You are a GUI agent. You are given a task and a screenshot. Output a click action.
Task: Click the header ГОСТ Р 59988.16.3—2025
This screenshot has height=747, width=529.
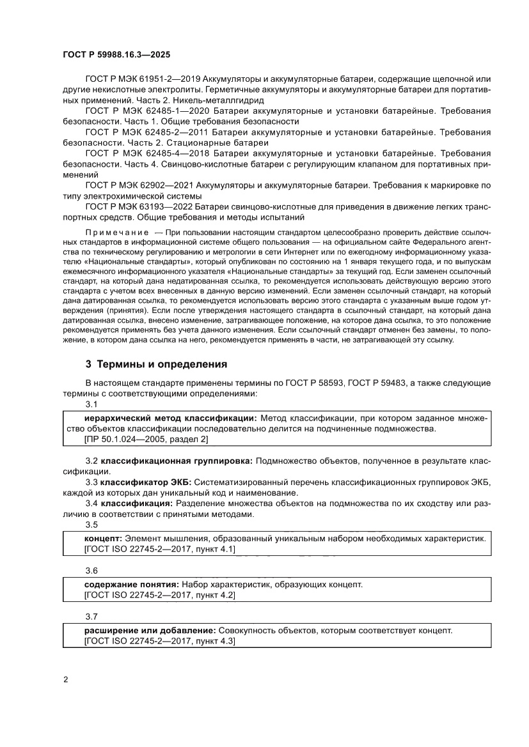point(116,56)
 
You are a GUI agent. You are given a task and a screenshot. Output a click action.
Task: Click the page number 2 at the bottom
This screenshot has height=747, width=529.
point(66,679)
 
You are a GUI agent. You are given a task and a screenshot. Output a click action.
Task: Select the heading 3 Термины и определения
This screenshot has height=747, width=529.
point(156,365)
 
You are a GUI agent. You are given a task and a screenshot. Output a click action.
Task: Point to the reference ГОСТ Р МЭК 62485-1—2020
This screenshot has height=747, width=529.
point(142,111)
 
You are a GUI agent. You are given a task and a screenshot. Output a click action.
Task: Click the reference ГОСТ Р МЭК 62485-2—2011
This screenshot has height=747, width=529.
point(142,132)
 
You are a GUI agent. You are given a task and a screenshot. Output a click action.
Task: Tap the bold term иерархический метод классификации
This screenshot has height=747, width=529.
point(170,418)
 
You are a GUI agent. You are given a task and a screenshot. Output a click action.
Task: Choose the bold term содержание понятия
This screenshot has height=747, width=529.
point(131,584)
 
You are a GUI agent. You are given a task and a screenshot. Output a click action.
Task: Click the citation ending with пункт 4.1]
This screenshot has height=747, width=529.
point(160,549)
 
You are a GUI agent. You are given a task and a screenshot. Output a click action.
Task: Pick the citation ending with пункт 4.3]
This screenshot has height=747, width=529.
point(160,641)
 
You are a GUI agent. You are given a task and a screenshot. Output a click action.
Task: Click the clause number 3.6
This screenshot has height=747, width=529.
point(91,570)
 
